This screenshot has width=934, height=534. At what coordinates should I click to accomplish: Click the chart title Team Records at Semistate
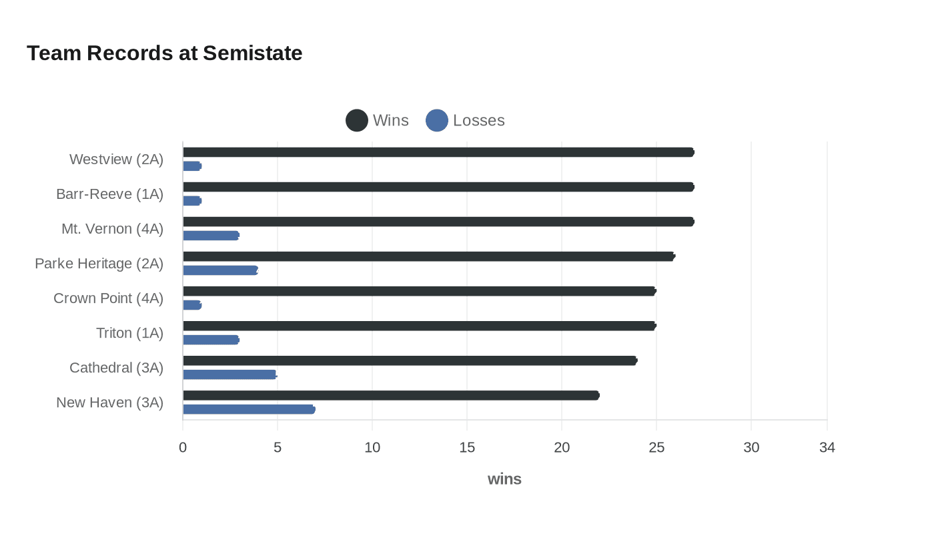164,53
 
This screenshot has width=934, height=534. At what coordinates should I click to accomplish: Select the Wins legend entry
377,120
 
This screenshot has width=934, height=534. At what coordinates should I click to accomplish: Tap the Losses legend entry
465,120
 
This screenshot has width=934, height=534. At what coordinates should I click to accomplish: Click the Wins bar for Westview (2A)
438,152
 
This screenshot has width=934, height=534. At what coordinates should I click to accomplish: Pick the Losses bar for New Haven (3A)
248,409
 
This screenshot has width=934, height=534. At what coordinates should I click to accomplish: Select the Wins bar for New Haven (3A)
391,395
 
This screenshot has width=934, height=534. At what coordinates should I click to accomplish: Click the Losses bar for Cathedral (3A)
229,374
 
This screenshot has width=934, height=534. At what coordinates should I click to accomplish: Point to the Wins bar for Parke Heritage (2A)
428,256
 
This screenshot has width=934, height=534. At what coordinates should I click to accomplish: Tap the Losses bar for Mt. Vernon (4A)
211,236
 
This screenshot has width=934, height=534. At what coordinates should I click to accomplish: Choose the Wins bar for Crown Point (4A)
419,291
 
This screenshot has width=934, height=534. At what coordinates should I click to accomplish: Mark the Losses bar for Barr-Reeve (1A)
192,201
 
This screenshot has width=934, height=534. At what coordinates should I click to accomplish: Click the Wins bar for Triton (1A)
419,326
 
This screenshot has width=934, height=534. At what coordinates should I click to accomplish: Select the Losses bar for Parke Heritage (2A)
220,270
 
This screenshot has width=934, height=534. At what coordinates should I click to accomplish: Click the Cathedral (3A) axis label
116,368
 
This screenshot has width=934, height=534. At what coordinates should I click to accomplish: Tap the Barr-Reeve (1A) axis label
109,194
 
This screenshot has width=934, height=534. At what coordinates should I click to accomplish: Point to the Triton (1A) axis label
129,333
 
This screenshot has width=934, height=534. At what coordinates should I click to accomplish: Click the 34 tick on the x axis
827,447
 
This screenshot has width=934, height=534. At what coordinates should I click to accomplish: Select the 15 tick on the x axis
467,447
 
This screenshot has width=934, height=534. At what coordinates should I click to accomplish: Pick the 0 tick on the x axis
183,447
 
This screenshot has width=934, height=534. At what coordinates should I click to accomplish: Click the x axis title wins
504,479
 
